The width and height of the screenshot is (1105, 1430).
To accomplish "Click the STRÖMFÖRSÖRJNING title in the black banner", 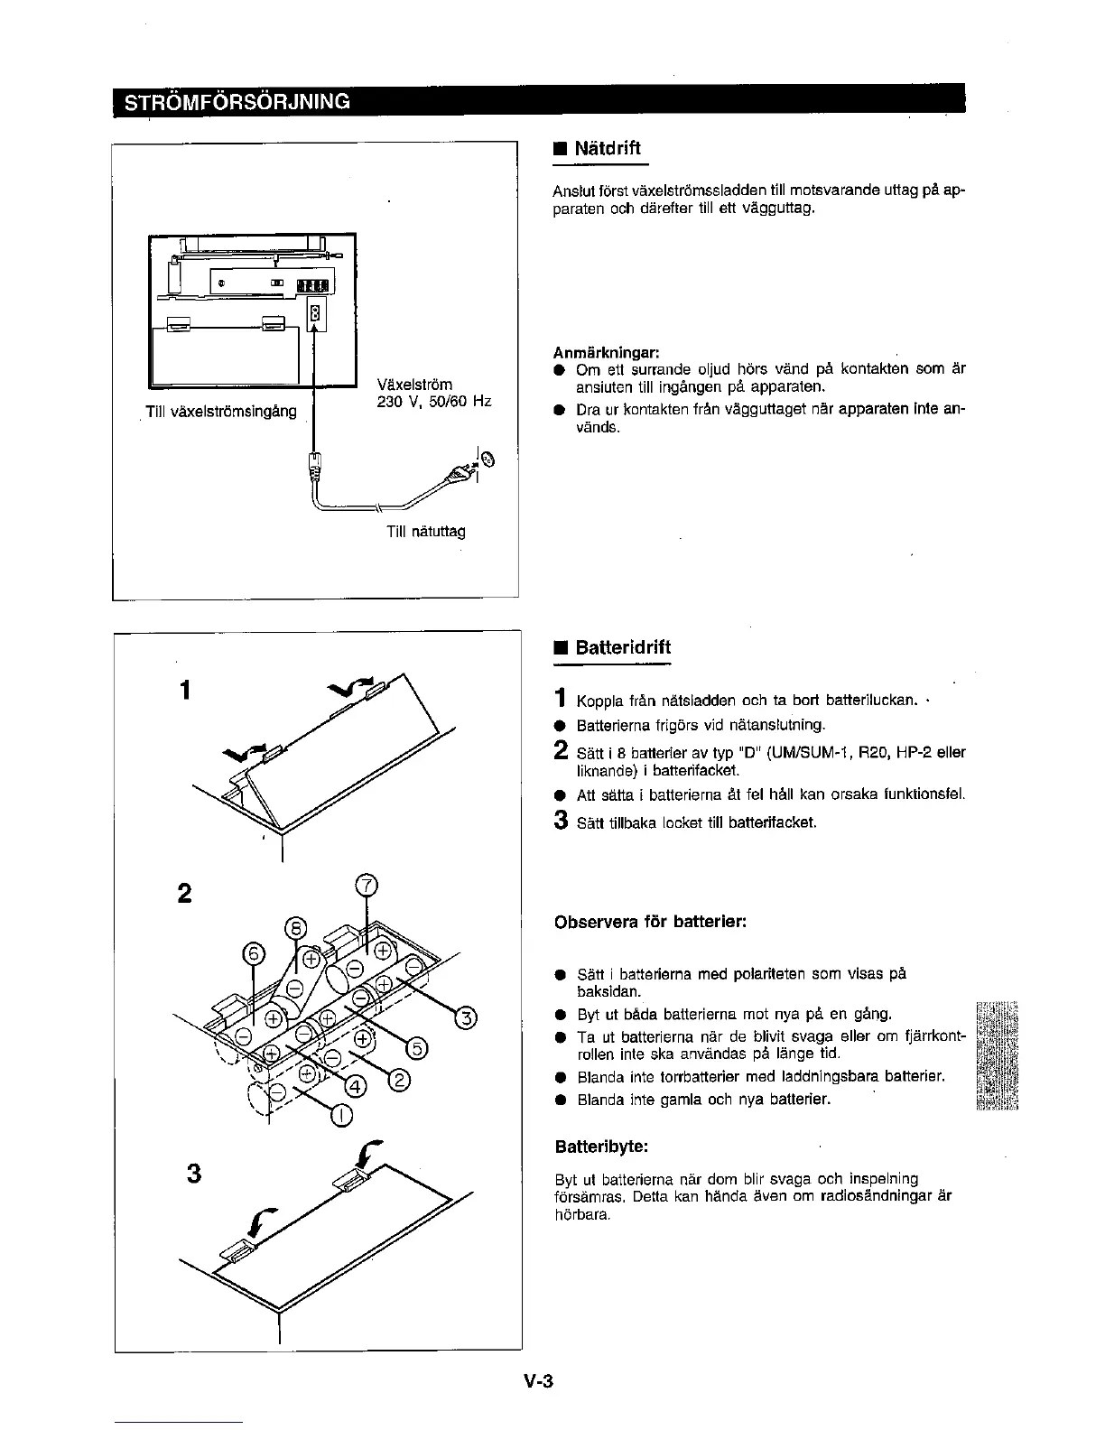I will point(237,100).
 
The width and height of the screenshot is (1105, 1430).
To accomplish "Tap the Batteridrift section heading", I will point(623,647).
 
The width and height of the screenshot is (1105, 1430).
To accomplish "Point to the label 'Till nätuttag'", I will point(425,531).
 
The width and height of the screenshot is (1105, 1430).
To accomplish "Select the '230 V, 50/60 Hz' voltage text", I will point(433,402).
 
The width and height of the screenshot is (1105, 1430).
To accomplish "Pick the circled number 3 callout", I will point(465,1018).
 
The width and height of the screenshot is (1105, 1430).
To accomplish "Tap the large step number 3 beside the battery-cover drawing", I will point(193,1174).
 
